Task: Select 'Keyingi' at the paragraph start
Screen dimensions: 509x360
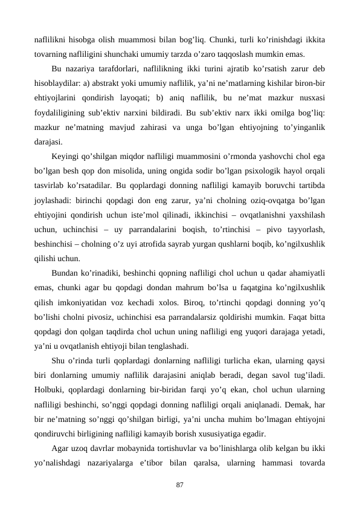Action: tap(66, 155)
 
